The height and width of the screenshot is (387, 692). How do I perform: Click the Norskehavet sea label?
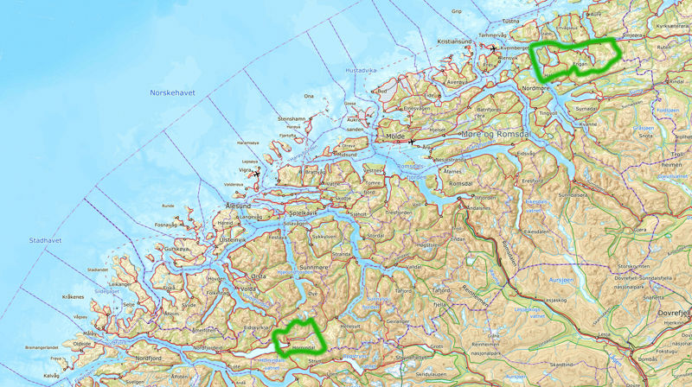[174, 92]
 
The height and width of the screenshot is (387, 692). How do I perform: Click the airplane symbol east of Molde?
[413, 143]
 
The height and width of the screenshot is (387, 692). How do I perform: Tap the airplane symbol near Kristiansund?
[494, 48]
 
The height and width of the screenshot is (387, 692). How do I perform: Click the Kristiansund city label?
[455, 41]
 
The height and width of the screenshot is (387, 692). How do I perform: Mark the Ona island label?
[309, 97]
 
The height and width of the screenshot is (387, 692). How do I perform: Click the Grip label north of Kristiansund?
[456, 12]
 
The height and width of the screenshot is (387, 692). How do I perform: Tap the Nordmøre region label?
[538, 87]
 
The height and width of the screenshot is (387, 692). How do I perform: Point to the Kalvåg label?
[50, 375]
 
